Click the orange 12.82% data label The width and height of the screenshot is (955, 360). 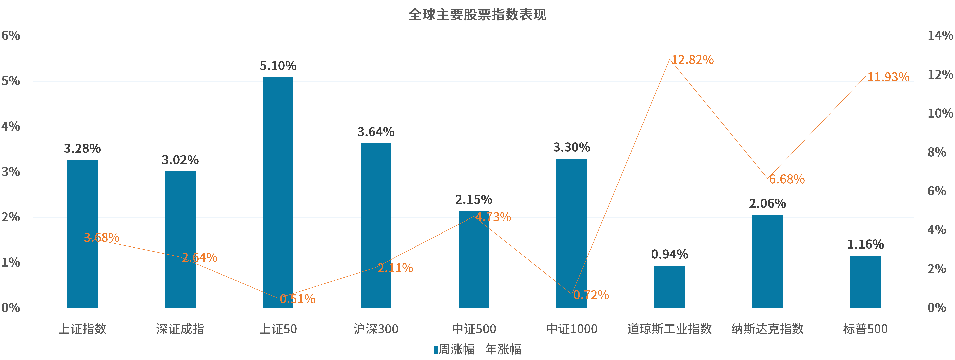[692, 60]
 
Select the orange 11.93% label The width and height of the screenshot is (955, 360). [888, 77]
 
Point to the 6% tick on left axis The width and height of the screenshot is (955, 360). [11, 36]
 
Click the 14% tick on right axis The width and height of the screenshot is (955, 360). [940, 36]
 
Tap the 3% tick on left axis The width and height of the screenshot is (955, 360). [11, 172]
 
